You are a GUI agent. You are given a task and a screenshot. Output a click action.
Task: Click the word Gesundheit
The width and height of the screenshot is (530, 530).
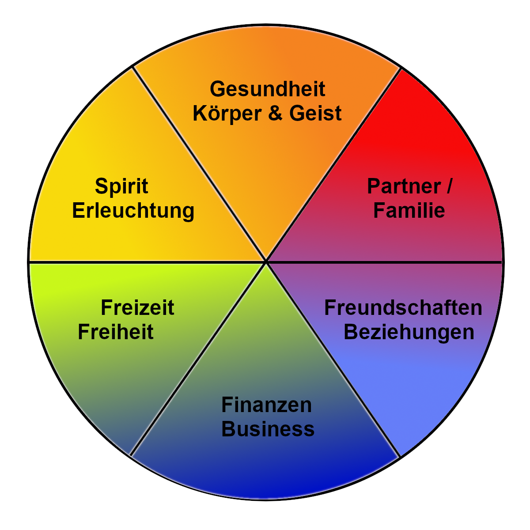tap(267, 89)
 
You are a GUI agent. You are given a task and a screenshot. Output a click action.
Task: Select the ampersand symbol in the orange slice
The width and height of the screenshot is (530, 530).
tap(275, 113)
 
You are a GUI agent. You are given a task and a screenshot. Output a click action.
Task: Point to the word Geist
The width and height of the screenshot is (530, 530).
tap(315, 113)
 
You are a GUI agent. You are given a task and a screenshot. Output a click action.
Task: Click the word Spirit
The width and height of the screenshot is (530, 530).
tap(121, 187)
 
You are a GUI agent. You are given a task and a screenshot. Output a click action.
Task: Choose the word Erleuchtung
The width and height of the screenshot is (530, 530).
tap(133, 211)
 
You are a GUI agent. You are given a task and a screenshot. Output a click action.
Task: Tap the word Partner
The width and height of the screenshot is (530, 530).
tap(404, 186)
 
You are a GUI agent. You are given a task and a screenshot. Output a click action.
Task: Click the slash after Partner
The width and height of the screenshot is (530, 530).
tap(449, 186)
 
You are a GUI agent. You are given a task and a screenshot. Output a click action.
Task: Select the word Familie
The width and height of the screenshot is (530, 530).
tap(409, 210)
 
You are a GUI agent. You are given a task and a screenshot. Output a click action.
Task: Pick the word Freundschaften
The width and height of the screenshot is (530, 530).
tap(403, 308)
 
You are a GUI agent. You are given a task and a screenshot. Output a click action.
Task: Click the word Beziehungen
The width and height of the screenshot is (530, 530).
tap(409, 332)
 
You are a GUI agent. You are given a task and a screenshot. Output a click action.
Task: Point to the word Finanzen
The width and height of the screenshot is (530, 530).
tap(266, 405)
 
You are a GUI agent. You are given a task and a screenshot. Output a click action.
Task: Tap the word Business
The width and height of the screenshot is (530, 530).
tap(268, 429)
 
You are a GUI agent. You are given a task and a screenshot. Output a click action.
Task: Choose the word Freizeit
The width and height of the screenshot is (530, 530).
tap(137, 308)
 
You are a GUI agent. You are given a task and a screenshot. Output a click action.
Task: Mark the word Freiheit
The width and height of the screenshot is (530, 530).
tap(116, 332)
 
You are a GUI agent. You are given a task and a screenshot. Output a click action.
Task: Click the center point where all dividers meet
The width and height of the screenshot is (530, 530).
tap(266, 262)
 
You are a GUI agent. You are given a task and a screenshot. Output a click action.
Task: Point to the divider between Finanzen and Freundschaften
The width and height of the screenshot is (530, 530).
tap(333, 360)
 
